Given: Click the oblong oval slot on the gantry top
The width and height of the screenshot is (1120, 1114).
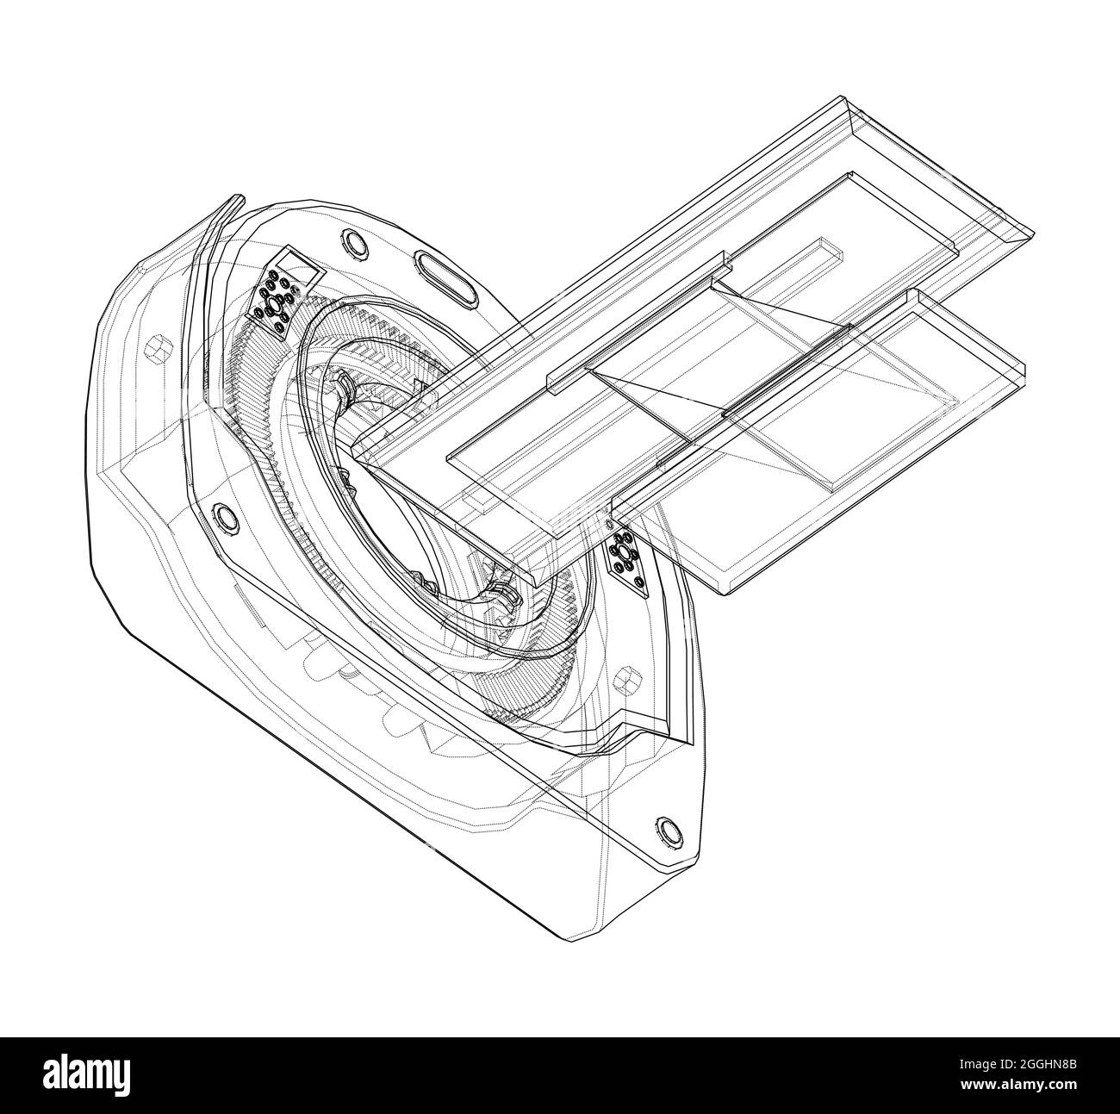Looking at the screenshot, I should coord(445,277).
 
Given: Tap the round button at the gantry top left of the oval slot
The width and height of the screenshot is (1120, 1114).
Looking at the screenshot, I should coord(352,243).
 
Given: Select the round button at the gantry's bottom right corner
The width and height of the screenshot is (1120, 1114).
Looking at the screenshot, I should coord(668,830).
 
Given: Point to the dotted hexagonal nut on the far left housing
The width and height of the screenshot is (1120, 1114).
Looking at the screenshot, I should coord(156,348).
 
